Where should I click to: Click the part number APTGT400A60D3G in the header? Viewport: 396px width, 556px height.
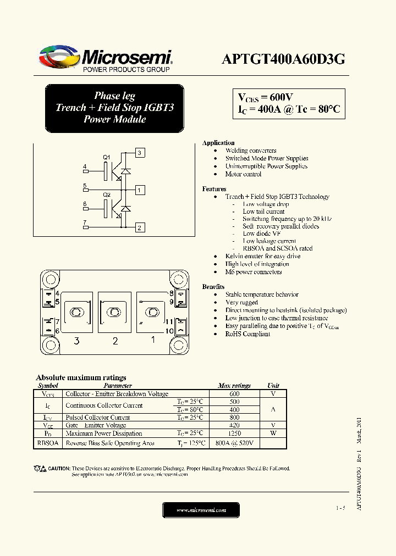click(x=283, y=59)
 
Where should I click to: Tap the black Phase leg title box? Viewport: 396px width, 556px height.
click(x=114, y=108)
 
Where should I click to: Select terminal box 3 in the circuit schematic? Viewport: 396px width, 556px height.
click(x=140, y=153)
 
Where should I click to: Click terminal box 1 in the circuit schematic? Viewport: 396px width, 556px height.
click(x=140, y=191)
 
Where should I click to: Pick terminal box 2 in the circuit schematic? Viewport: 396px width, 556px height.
click(x=140, y=227)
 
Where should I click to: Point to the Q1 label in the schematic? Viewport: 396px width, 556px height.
click(x=107, y=157)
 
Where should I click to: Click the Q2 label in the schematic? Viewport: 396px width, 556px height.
click(x=107, y=195)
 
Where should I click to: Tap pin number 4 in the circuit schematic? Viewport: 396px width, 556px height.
click(x=85, y=166)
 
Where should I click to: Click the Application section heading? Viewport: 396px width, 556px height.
click(x=218, y=143)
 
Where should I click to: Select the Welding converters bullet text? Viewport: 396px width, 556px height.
click(x=251, y=151)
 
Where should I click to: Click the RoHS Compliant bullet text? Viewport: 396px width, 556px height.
click(x=248, y=334)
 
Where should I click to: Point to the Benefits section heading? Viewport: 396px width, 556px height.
click(x=213, y=287)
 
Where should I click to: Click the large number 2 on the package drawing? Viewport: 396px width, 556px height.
click(x=115, y=341)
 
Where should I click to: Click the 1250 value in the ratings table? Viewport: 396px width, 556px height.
click(x=234, y=433)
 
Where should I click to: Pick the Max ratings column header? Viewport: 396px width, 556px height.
click(x=234, y=386)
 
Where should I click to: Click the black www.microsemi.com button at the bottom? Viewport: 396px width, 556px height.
click(x=201, y=510)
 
